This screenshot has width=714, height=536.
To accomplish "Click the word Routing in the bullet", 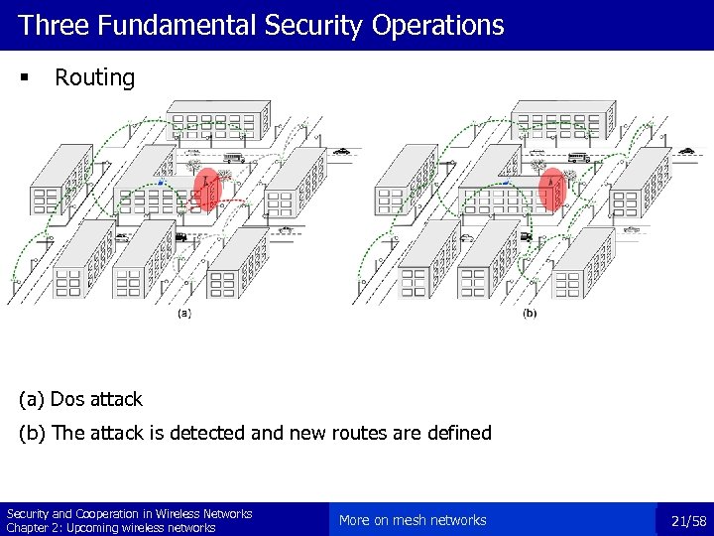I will click(94, 77).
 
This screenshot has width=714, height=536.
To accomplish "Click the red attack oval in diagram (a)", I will click(206, 189).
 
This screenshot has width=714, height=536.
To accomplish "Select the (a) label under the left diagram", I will click(184, 314).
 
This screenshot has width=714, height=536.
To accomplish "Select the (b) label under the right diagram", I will click(530, 314).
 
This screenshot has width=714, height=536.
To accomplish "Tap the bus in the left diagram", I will click(234, 158).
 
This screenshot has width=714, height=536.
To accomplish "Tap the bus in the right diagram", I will click(578, 157).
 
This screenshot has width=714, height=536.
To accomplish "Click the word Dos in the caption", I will click(68, 399).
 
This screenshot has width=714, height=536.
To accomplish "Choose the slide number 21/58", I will click(688, 520).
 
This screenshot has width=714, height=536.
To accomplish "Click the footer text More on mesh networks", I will click(413, 520).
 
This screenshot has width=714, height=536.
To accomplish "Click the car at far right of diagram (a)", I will click(342, 152).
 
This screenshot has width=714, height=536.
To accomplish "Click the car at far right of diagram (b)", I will click(686, 152).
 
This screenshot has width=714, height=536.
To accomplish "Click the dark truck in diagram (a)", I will click(180, 236).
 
